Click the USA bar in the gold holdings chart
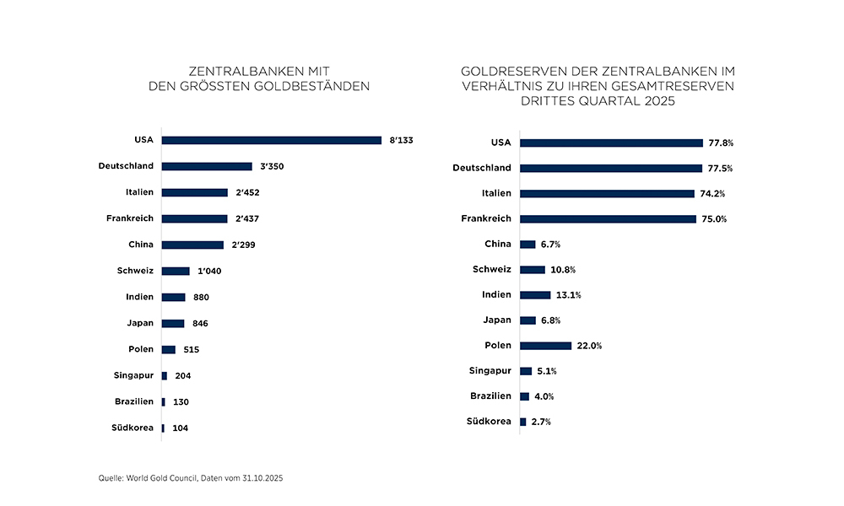tap(271, 140)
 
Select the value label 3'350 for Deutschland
tap(271, 167)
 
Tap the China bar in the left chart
tap(192, 245)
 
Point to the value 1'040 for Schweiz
tap(208, 272)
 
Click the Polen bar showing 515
tap(169, 350)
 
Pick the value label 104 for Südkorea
tap(180, 428)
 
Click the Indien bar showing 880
tap(173, 298)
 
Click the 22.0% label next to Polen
tap(589, 346)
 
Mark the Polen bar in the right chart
tap(546, 346)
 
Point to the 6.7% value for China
tap(550, 245)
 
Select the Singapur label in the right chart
tap(490, 370)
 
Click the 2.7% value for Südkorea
tap(540, 422)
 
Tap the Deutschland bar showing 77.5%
tap(611, 169)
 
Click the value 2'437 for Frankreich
tap(246, 219)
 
